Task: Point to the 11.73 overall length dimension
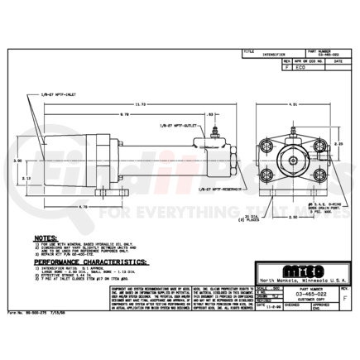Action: (x=141, y=102)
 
